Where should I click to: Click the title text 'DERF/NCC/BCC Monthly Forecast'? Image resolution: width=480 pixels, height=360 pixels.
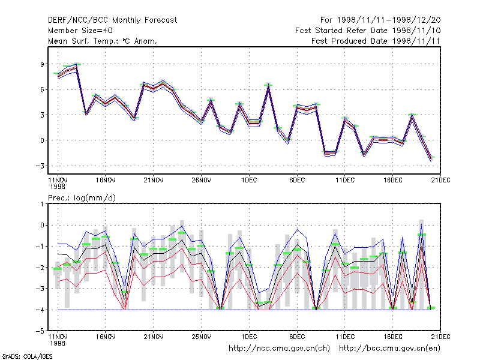[112, 20]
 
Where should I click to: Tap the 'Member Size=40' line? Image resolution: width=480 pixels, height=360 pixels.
[80, 31]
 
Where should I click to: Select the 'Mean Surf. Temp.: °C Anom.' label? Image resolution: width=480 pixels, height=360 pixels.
[103, 41]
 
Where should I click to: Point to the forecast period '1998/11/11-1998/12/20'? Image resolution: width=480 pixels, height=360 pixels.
[389, 20]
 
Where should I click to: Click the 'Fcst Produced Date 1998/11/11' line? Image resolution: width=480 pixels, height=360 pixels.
[376, 41]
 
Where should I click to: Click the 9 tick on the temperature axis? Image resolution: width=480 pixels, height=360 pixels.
[42, 64]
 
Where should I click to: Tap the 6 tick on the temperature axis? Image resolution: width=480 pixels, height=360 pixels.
[42, 89]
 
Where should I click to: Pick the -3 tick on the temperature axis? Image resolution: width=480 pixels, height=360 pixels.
[40, 166]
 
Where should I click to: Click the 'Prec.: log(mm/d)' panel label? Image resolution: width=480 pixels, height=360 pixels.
[82, 198]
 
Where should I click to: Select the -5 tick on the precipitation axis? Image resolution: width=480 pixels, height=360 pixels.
[40, 331]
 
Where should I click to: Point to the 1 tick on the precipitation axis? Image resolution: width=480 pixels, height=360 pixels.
[42, 204]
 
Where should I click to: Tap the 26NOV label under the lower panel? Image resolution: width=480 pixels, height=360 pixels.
[202, 337]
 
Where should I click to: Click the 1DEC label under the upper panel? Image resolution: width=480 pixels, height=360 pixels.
[249, 181]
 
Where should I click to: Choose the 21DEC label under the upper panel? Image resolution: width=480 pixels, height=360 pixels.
[440, 181]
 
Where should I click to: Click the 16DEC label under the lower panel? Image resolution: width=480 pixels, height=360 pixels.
[393, 337]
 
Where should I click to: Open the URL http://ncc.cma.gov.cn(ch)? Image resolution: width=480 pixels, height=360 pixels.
[279, 349]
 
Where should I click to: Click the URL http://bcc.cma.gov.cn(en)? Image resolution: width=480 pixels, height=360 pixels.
[389, 349]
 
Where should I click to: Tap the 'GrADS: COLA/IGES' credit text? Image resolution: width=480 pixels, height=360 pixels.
[27, 356]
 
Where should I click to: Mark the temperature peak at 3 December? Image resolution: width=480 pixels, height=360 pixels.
[268, 86]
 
